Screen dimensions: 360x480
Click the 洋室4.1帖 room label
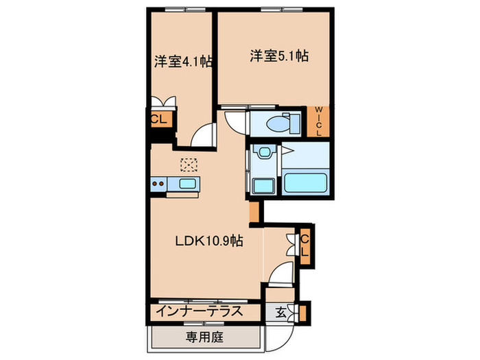182,62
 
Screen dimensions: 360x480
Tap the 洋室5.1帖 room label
278,56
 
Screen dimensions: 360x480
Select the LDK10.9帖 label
207,241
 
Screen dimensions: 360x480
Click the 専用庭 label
204,337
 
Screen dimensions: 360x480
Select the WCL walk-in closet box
319,121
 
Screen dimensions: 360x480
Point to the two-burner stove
159,183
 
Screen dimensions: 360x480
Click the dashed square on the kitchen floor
188,164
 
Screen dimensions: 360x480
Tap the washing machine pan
261,185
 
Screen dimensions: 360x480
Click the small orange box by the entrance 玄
304,312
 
